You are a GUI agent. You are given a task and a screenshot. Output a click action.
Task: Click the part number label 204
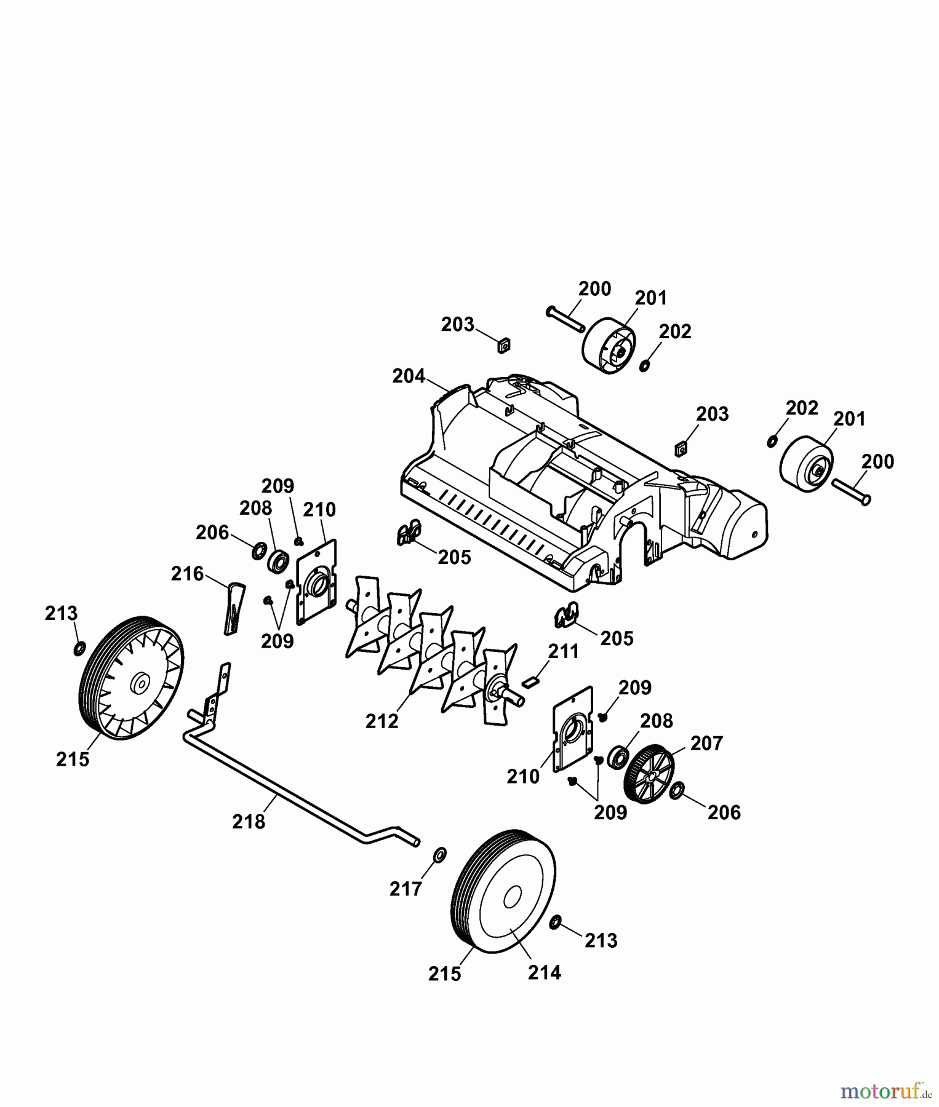click(x=409, y=376)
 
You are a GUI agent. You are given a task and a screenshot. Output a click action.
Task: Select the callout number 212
click(x=382, y=721)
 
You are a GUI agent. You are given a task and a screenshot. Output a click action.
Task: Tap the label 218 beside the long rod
click(x=249, y=822)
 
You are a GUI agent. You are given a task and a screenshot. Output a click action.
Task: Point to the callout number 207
click(x=706, y=744)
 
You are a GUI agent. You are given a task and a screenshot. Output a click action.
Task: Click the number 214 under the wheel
click(x=545, y=972)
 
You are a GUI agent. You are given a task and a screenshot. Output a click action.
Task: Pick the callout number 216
click(x=187, y=574)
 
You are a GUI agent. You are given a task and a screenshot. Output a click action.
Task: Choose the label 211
click(x=564, y=651)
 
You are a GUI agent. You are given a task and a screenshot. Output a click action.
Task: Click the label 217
click(x=406, y=889)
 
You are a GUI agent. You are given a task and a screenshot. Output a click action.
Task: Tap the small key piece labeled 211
click(x=530, y=680)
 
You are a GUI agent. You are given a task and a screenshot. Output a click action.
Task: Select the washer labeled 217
click(x=440, y=855)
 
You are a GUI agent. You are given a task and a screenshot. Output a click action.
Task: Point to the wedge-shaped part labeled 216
click(x=233, y=608)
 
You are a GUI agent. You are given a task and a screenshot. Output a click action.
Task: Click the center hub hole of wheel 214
click(x=511, y=899)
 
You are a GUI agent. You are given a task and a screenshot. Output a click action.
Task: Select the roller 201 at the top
click(x=609, y=346)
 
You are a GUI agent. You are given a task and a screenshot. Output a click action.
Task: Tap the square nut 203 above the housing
click(x=503, y=346)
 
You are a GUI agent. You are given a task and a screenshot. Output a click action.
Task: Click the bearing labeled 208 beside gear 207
click(x=617, y=757)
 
